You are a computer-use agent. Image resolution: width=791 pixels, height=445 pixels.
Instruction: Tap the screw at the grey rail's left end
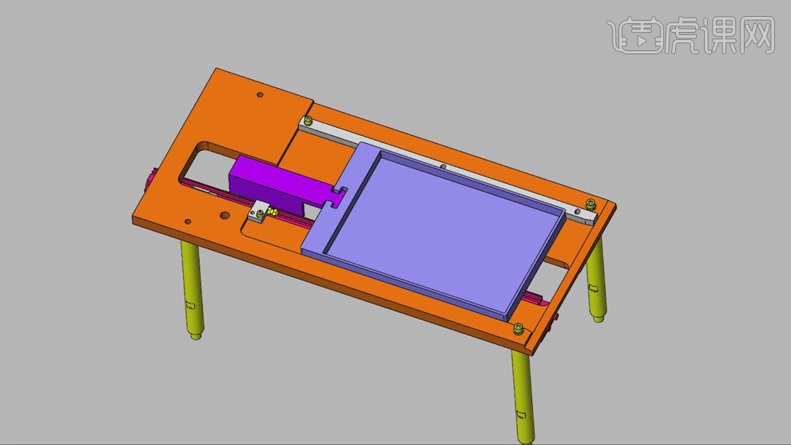pos(308,120)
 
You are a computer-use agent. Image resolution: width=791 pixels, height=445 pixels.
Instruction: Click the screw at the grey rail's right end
pos(590,204)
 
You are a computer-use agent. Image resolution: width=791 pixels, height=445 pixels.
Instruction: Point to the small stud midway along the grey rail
pos(443,166)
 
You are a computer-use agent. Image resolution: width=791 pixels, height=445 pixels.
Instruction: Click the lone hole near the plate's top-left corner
pos(260,94)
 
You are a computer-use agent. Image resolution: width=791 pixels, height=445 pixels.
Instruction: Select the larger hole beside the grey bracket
pos(225,216)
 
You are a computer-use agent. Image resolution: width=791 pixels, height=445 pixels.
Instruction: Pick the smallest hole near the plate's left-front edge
pos(188,221)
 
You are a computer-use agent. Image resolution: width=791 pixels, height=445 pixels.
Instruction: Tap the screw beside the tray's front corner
pos(519,329)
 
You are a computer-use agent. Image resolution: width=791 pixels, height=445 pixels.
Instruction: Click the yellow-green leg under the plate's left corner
pos(193,290)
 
